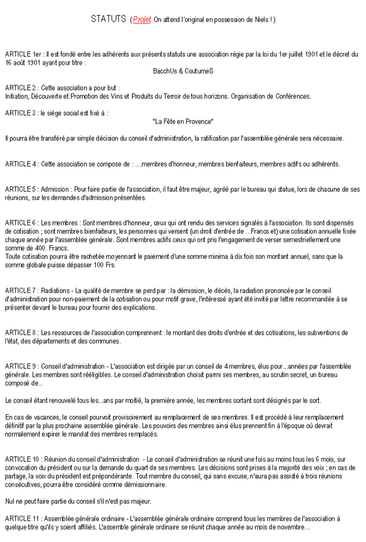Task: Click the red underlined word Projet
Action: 142,20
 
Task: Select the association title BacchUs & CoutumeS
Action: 182,71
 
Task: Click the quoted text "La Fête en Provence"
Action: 182,121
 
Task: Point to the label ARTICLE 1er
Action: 22,54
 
